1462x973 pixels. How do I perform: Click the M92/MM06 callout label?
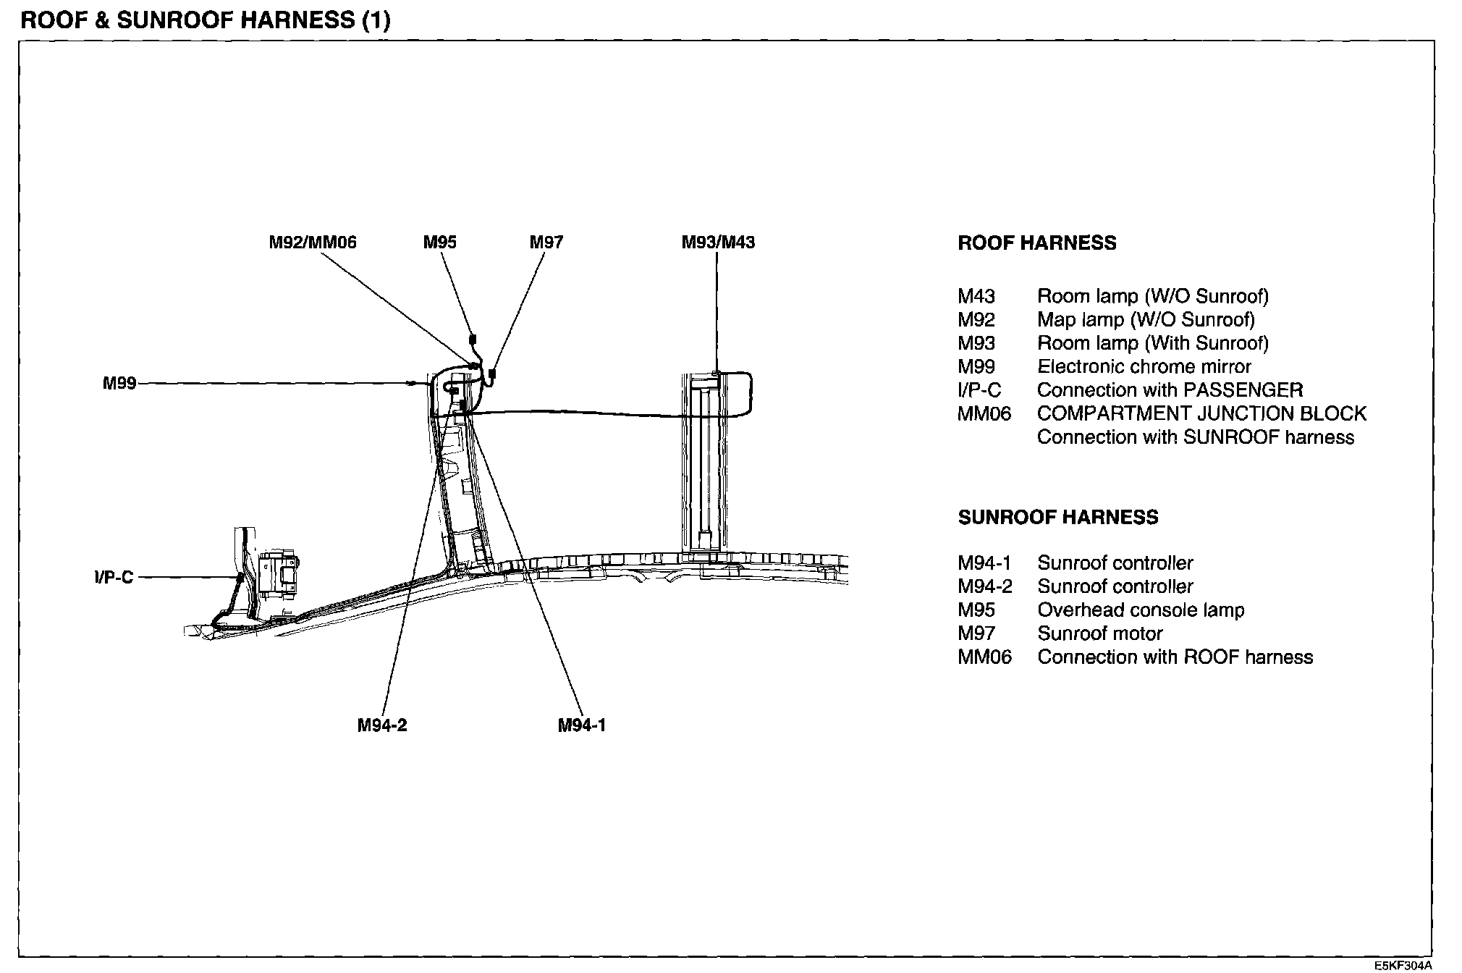click(313, 243)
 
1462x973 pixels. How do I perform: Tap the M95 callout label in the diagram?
click(440, 243)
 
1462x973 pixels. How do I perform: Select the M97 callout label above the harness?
click(546, 243)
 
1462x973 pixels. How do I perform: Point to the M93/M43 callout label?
click(718, 243)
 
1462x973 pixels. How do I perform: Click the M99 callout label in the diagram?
click(119, 384)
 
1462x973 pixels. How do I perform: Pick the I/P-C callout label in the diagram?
click(114, 578)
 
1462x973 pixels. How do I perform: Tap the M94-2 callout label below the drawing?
click(382, 725)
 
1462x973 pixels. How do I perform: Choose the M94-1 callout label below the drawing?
click(581, 725)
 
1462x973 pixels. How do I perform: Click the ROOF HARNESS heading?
click(1036, 243)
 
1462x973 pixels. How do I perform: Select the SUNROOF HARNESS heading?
click(1058, 517)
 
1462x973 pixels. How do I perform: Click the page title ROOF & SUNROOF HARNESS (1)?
click(206, 20)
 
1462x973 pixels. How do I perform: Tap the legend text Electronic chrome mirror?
click(1144, 367)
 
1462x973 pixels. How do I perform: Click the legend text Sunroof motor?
click(1099, 634)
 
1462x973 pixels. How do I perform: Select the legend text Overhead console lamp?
click(1141, 610)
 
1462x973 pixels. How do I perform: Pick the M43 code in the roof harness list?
click(976, 297)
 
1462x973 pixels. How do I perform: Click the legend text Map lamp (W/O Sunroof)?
click(1146, 320)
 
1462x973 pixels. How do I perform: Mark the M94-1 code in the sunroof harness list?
click(984, 563)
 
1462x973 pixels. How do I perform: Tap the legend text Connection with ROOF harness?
click(1175, 657)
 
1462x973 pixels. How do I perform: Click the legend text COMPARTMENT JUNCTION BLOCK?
click(1201, 414)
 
